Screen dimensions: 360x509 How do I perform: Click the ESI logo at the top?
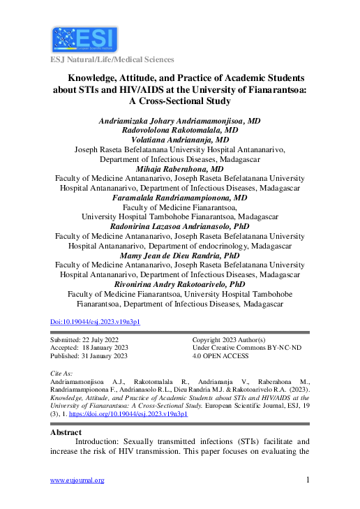(x=84, y=38)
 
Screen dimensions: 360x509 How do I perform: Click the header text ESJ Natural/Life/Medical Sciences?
(x=112, y=60)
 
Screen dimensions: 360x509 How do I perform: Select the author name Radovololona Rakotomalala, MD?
(x=180, y=130)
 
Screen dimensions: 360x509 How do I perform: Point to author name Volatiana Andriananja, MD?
(x=180, y=139)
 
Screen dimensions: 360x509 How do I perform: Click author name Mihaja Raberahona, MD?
(x=180, y=169)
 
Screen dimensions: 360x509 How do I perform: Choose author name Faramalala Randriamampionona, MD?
(x=180, y=198)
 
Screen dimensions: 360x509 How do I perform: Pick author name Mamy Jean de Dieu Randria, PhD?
(x=180, y=256)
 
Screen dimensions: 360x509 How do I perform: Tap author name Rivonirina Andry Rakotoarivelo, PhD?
(x=180, y=285)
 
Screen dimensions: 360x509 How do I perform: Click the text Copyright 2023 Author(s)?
(x=229, y=339)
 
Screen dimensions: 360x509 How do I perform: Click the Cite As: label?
(x=63, y=374)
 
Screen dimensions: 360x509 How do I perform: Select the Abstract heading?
(x=66, y=432)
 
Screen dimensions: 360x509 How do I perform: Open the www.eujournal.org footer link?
(x=77, y=480)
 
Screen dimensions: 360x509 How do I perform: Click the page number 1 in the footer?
(x=308, y=480)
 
